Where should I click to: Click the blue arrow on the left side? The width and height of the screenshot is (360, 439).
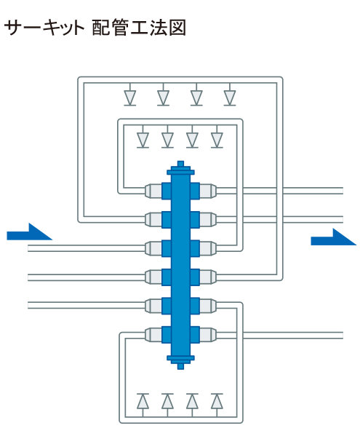click(29, 233)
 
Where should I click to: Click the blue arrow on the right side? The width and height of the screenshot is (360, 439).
click(333, 238)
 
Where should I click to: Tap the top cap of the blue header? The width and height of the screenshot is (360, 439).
click(180, 168)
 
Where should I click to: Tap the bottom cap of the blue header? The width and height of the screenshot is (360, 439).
click(180, 362)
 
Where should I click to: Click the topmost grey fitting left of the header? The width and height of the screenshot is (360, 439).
click(153, 191)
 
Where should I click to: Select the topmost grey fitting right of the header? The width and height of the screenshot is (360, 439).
click(208, 191)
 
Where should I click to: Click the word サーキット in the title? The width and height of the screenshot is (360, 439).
click(44, 28)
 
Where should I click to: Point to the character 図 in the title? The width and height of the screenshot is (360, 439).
click(177, 28)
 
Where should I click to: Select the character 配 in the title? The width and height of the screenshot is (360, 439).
click(100, 28)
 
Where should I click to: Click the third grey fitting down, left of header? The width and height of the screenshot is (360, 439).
click(153, 248)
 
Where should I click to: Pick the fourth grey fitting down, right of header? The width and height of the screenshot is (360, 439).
click(208, 277)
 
